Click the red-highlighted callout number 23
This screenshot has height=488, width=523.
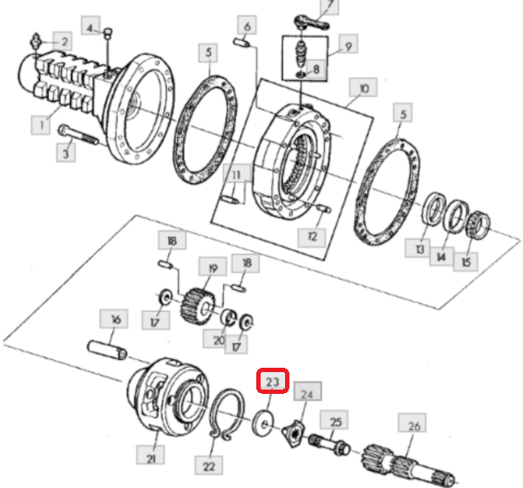coord(273,381)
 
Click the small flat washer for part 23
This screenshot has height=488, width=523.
coord(263,424)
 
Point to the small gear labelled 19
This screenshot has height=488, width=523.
coord(198,306)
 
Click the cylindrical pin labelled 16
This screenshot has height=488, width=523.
coord(107,349)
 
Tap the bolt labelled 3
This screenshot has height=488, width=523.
coord(78,134)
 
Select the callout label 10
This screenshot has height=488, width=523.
coord(363,88)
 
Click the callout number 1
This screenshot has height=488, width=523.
coord(41,125)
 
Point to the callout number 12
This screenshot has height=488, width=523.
coord(312,237)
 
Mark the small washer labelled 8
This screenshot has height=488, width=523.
coord(301,74)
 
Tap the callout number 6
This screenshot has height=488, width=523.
coord(248,25)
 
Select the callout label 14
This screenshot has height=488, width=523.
coord(442,256)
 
